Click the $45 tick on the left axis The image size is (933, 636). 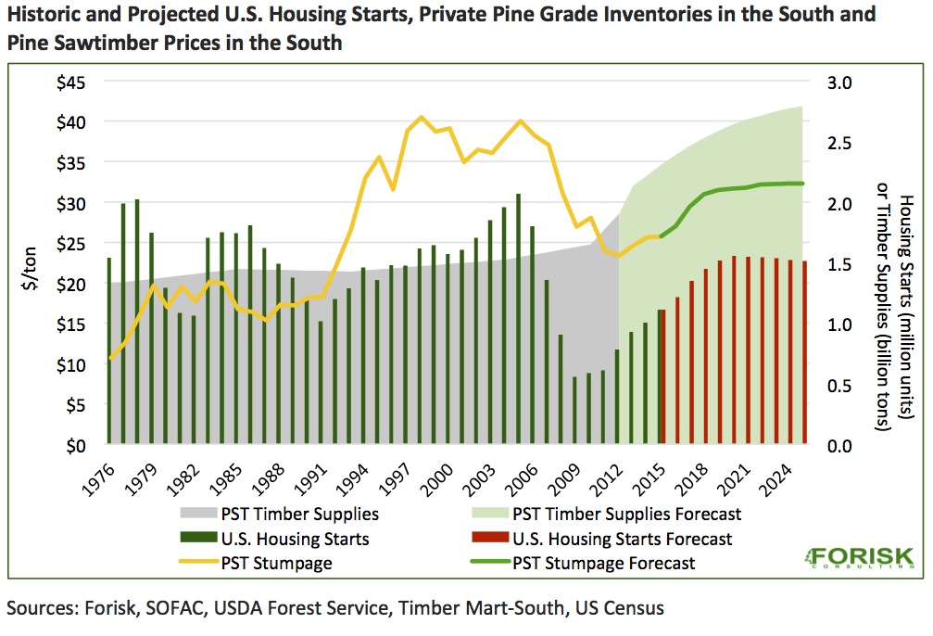[x=69, y=82]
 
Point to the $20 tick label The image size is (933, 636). [x=69, y=284]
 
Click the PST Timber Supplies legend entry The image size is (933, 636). [x=300, y=513]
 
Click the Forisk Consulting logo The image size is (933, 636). [x=858, y=559]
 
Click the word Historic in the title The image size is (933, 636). [x=44, y=16]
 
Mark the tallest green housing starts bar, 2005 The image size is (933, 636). [x=518, y=319]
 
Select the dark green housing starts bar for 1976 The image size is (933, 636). [x=109, y=351]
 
